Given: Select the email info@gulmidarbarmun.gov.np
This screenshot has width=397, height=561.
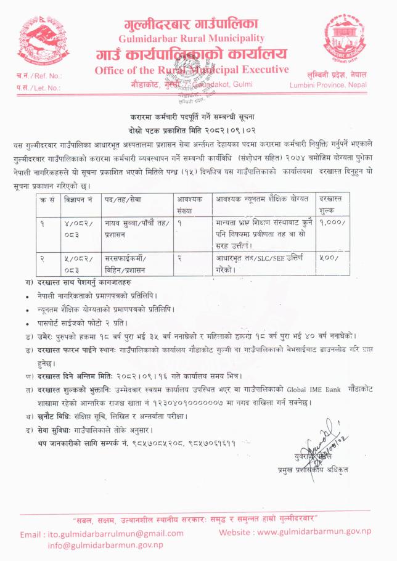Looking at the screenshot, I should click(105, 545).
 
